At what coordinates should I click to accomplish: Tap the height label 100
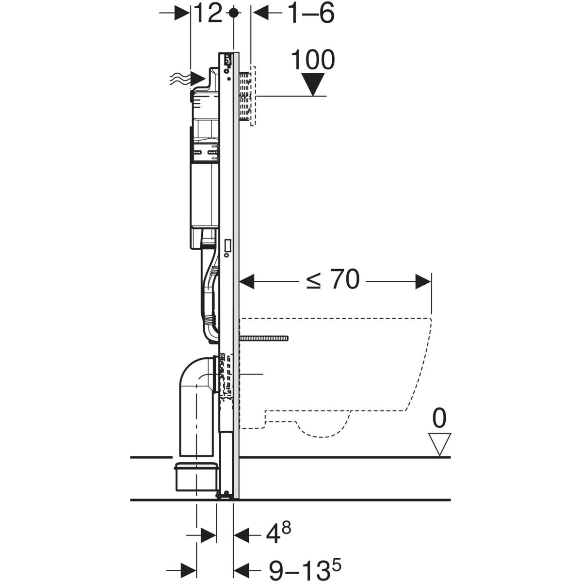click(313, 60)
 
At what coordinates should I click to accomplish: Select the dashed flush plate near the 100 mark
click(247, 96)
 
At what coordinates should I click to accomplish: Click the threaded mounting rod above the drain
click(264, 338)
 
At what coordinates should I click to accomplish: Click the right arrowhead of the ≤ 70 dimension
click(423, 281)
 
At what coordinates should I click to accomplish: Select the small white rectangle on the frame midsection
click(227, 246)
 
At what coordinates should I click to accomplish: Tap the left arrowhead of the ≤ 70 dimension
click(247, 281)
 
